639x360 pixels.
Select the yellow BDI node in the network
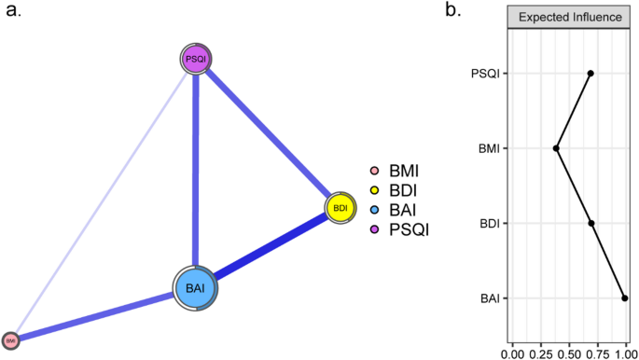340,208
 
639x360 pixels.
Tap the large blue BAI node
196,288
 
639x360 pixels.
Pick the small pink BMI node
11,340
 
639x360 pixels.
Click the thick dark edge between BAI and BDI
271,247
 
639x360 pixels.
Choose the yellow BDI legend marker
373,190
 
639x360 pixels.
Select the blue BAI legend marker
373,209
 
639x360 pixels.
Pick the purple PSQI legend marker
373,228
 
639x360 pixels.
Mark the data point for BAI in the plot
624,298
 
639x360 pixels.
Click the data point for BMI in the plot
557,148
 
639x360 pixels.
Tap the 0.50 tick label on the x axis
569,353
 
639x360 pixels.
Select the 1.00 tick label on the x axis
623,353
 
